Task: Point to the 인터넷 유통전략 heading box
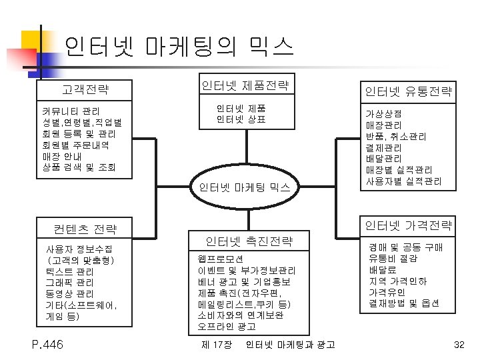pyautogui.click(x=407, y=91)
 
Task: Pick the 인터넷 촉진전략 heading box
pyautogui.click(x=248, y=241)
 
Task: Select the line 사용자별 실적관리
pyautogui.click(x=403, y=181)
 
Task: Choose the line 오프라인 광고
pyautogui.click(x=227, y=327)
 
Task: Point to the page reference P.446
pyautogui.click(x=47, y=344)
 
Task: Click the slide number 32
pyautogui.click(x=458, y=345)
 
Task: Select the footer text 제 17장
pyautogui.click(x=216, y=345)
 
